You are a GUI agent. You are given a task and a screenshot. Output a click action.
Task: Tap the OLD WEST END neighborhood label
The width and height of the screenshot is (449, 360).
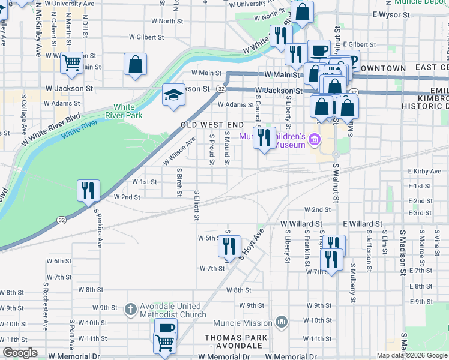coord(212,125)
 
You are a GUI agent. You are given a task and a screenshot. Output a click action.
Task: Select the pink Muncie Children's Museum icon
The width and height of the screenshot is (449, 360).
coord(313,140)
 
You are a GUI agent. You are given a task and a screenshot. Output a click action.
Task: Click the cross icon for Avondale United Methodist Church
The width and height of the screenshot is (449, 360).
coord(130,310)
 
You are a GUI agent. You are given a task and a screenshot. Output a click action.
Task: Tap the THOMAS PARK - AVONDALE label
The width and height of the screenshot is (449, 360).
coord(235,342)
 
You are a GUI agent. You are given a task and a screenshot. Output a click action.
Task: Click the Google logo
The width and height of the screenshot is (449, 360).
coord(20,353)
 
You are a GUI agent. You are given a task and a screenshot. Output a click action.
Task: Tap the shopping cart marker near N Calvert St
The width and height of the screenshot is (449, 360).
coord(72,62)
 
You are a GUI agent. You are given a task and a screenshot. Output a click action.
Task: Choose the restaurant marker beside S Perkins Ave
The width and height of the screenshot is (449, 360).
coord(88,191)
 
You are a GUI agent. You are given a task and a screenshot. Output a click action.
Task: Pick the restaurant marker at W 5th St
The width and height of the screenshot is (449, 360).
coord(229,246)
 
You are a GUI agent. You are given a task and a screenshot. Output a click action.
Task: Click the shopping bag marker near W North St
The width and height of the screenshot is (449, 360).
coord(302,12)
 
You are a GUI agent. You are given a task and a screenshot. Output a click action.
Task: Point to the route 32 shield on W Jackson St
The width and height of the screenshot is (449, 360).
coord(221,89)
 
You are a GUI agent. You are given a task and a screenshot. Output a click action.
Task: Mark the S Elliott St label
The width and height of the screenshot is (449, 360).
coord(196,205)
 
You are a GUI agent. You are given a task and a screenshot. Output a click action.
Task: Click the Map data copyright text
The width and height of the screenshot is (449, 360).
coord(411,355)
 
